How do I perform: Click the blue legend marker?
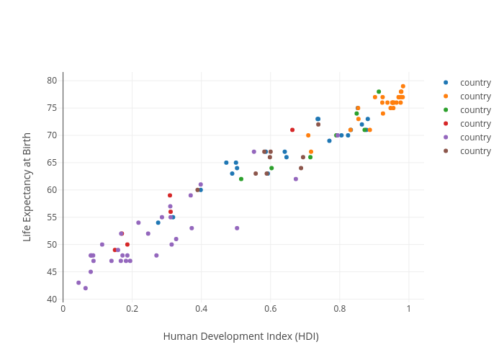click(x=446, y=82)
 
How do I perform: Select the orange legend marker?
click(x=446, y=96)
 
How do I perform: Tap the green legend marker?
click(x=446, y=109)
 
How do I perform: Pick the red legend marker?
click(x=446, y=123)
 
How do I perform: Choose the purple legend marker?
click(x=446, y=137)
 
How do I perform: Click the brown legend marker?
click(x=446, y=150)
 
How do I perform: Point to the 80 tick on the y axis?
click(x=52, y=80)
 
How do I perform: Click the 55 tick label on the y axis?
click(x=52, y=217)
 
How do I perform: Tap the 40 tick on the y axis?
click(x=52, y=300)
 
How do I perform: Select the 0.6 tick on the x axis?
click(x=270, y=309)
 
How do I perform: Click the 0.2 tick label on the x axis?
click(x=132, y=309)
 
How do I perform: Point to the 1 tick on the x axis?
click(x=408, y=309)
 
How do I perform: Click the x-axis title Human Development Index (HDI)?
click(x=240, y=336)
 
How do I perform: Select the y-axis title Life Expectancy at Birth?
click(x=27, y=186)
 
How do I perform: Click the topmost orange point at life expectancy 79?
click(x=403, y=86)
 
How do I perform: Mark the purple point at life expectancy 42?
click(x=86, y=288)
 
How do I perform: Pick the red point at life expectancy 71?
click(x=292, y=130)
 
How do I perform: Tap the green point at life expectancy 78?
click(x=379, y=92)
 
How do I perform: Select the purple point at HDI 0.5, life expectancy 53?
click(x=237, y=228)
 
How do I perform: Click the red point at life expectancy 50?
click(x=127, y=245)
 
